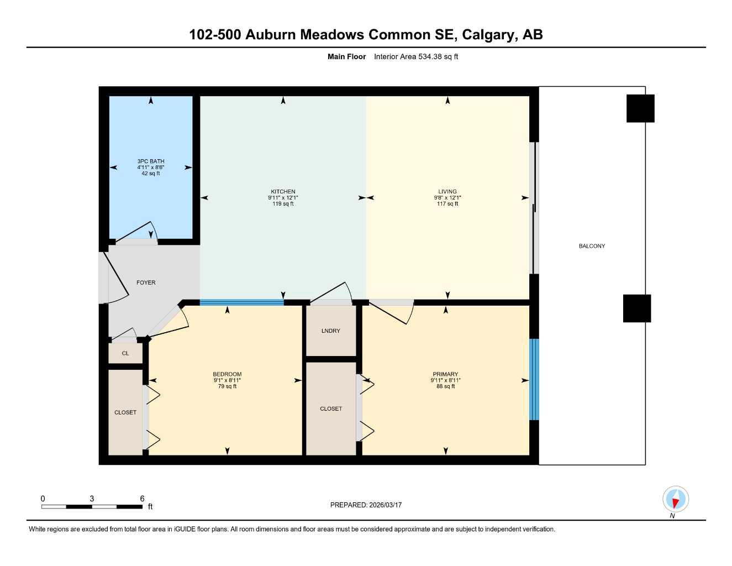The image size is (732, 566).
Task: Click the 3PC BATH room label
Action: coord(151,161)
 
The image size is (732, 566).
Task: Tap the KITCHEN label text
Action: coord(283,192)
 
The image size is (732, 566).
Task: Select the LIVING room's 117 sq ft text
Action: coord(447,204)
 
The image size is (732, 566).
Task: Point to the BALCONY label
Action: coord(592,246)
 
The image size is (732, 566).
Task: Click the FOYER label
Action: coord(146,282)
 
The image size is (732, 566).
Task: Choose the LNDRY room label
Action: coord(330,331)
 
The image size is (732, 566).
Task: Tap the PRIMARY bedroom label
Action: coord(445,374)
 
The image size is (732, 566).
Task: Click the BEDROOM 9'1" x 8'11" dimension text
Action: coord(227,380)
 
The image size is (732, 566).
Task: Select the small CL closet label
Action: coord(125,353)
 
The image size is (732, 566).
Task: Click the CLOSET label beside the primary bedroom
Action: coord(331,408)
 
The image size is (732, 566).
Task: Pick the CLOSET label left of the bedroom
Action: coord(125,412)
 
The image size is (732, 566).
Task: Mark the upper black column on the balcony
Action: coord(640,108)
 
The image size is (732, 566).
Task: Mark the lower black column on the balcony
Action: coord(637,308)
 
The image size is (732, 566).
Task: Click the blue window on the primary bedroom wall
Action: coord(534,379)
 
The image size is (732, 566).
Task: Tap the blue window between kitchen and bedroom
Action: coord(241,302)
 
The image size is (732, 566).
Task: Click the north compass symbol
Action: coord(675,500)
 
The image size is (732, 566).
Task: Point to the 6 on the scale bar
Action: coord(142,499)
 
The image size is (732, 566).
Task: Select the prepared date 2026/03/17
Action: coord(385,505)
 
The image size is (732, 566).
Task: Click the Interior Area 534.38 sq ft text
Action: coord(416,56)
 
